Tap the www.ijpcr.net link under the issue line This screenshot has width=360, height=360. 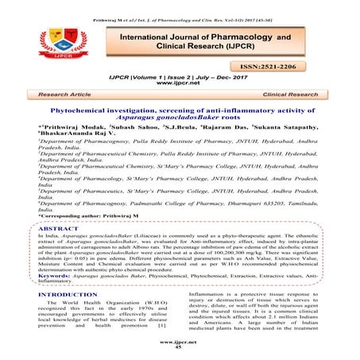click(x=180, y=85)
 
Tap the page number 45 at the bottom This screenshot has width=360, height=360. click(x=180, y=347)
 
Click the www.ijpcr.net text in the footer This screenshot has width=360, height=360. click(x=180, y=341)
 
